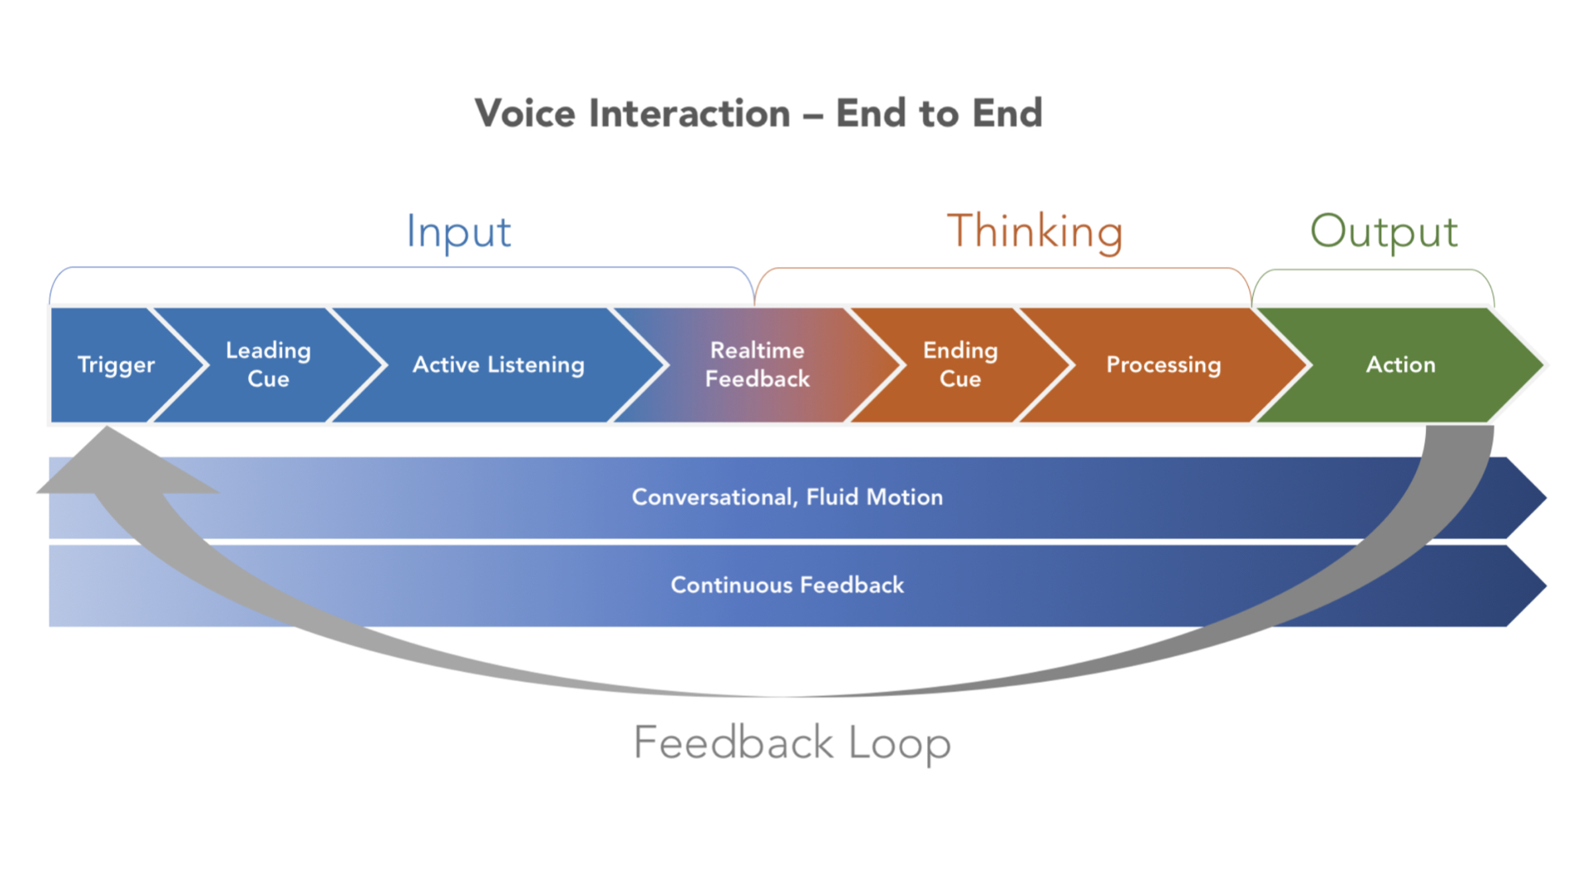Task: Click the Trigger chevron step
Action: pyautogui.click(x=116, y=365)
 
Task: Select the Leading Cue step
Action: pyautogui.click(x=269, y=365)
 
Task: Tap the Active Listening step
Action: pyautogui.click(x=498, y=365)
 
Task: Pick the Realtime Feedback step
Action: pyautogui.click(x=757, y=365)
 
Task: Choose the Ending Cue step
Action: pyautogui.click(x=960, y=365)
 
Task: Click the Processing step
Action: pyautogui.click(x=1163, y=365)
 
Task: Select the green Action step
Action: pyautogui.click(x=1400, y=365)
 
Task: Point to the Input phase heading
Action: pyautogui.click(x=459, y=232)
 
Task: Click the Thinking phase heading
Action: pyautogui.click(x=1035, y=232)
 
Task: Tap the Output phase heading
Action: pyautogui.click(x=1384, y=232)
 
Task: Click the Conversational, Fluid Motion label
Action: pyautogui.click(x=787, y=497)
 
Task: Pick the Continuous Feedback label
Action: pyautogui.click(x=787, y=585)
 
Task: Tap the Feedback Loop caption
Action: pyautogui.click(x=792, y=743)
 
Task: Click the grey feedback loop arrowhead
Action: pyautogui.click(x=116, y=467)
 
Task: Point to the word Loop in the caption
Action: pyautogui.click(x=900, y=743)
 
